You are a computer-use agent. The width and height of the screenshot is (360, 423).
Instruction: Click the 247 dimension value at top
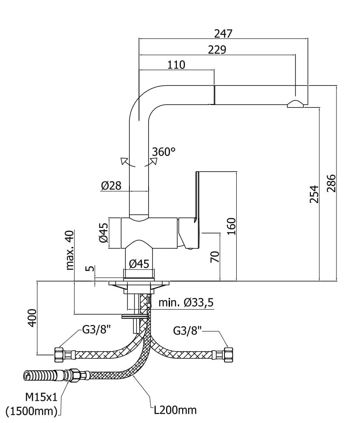[224, 33]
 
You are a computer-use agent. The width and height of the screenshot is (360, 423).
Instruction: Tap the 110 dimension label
[176, 65]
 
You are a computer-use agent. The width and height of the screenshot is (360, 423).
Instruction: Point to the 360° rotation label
[164, 152]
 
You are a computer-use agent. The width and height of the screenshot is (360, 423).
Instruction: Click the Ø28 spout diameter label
[111, 186]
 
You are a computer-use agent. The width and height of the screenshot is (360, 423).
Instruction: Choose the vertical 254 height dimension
[314, 193]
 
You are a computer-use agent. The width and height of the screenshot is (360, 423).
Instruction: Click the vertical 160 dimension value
[231, 227]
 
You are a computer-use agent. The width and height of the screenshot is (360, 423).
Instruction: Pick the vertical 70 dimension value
[214, 257]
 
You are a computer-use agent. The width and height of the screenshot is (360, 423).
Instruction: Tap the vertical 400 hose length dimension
[32, 318]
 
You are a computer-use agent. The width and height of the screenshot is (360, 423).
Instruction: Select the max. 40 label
[69, 250]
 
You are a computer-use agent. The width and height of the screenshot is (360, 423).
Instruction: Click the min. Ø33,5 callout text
[186, 302]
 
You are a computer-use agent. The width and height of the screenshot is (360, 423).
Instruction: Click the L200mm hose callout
[173, 410]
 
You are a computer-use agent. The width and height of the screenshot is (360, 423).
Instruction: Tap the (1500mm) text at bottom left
[32, 410]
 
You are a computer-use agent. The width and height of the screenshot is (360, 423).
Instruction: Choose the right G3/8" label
[187, 331]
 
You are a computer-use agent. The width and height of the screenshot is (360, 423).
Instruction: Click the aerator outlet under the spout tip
[295, 104]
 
